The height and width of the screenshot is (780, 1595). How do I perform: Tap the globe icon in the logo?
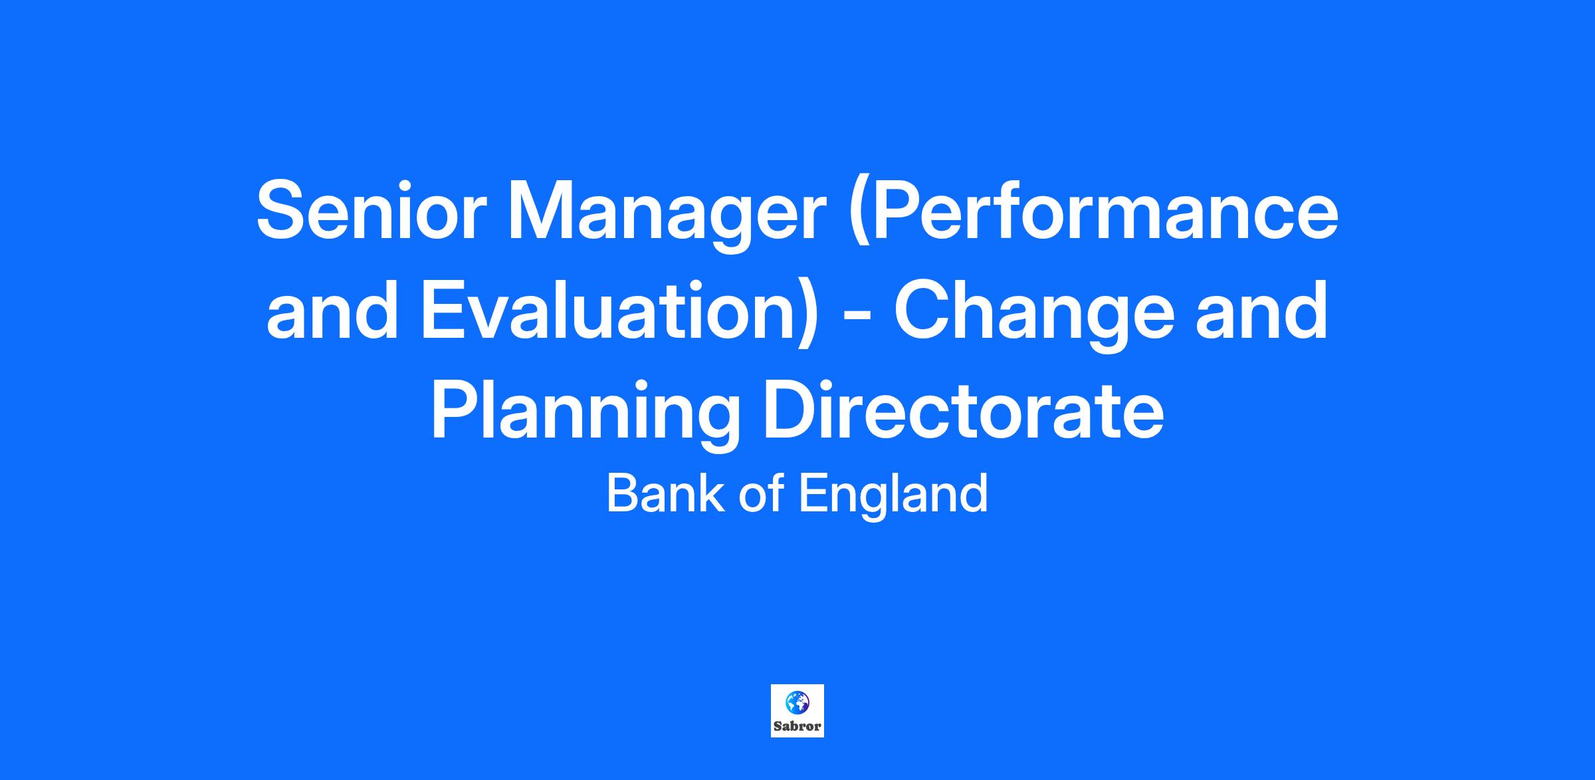[x=797, y=702]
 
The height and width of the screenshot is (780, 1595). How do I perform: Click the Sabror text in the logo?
[x=797, y=726]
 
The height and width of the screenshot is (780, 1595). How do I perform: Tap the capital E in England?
[x=813, y=493]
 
